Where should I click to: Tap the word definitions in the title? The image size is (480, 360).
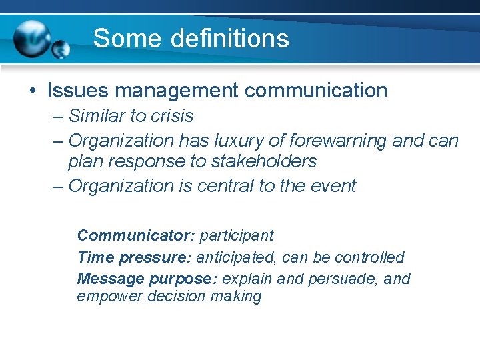coord(229,39)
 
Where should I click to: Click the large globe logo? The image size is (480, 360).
coord(32,39)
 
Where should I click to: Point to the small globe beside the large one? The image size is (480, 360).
coord(61,49)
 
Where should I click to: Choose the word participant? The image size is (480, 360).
coord(237,235)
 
